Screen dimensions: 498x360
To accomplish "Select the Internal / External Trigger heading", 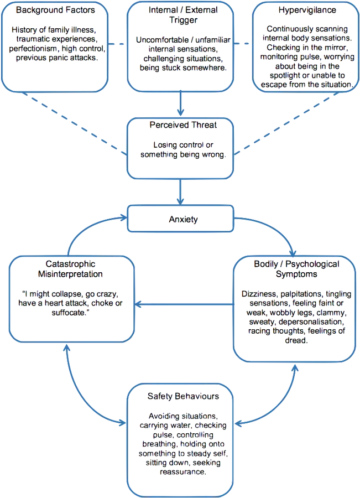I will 182,15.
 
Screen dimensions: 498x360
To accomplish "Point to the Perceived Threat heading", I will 182,126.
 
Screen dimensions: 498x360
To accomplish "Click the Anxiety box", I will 183,220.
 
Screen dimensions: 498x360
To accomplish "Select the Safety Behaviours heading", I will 182,397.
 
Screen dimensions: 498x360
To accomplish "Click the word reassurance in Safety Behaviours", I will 182,472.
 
